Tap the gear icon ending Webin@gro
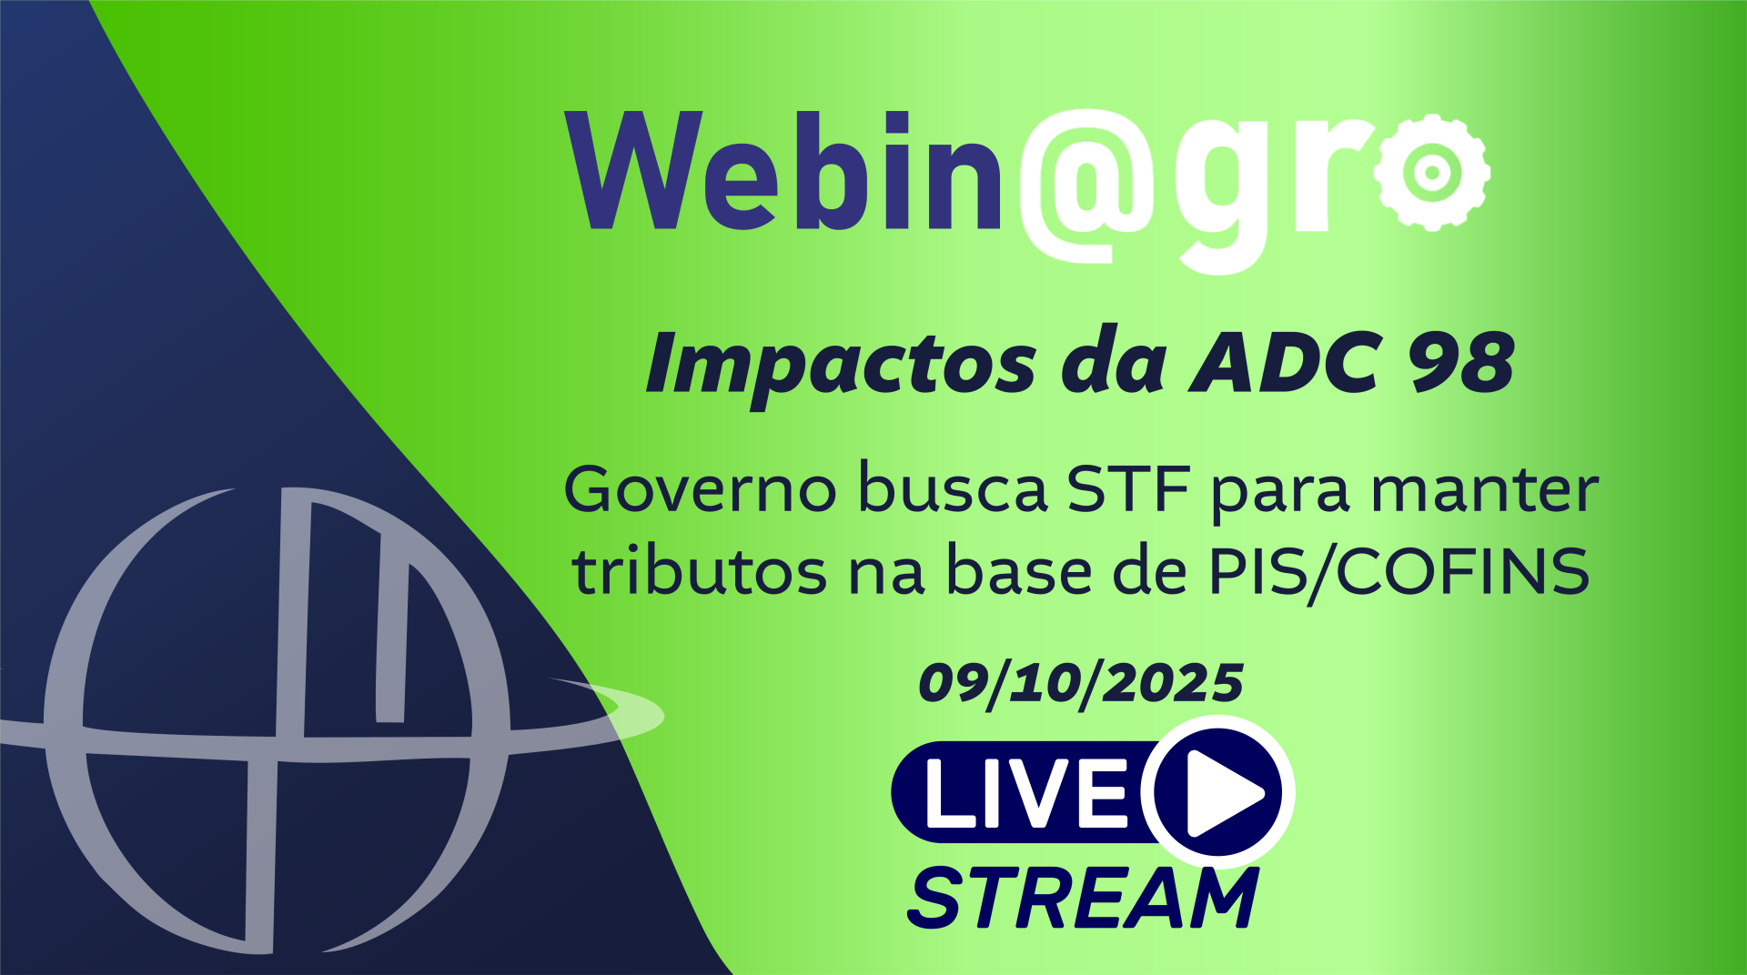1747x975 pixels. point(1431,172)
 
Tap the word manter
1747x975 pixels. point(1485,491)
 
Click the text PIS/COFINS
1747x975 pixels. point(1399,572)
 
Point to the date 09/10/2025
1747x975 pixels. point(1081,683)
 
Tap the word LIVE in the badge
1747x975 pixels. point(1026,792)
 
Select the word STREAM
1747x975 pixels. point(1083,898)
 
